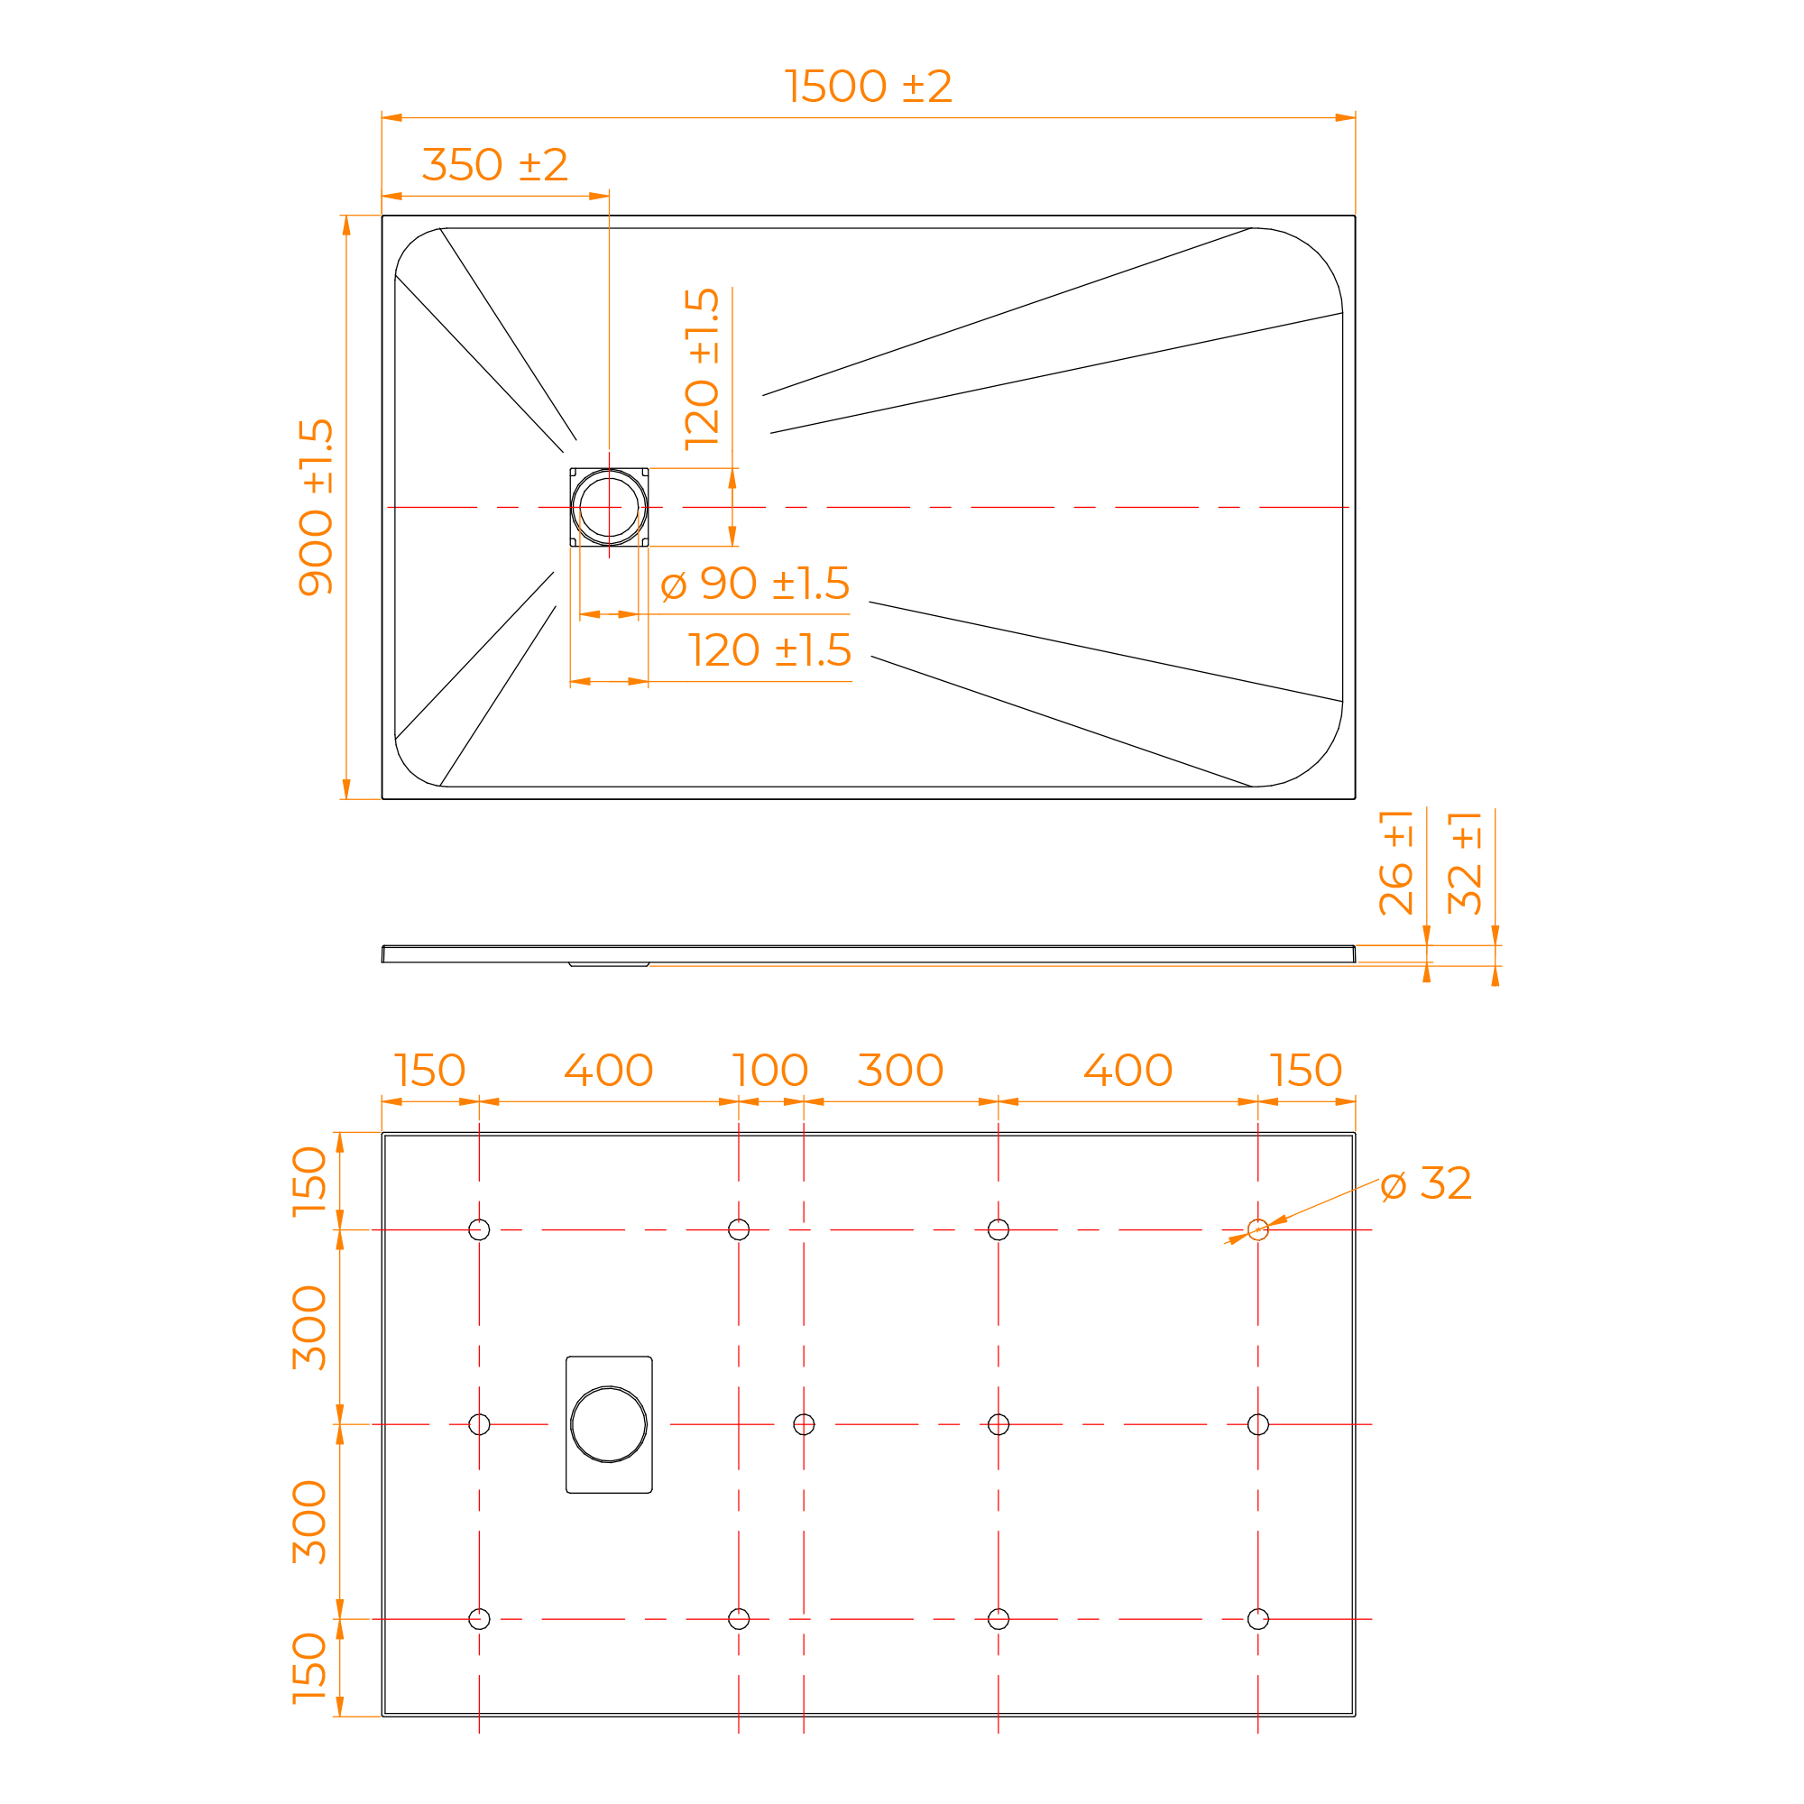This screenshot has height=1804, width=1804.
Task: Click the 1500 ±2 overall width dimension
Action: coord(868,87)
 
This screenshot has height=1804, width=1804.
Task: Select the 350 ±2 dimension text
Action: coord(495,165)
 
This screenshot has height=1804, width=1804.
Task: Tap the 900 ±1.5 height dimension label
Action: coord(317,507)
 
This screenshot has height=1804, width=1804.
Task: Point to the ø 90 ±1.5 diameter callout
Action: coord(754,584)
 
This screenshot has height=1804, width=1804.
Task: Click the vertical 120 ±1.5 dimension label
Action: coord(702,370)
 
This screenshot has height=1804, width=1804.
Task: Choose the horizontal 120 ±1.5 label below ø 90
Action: coord(770,649)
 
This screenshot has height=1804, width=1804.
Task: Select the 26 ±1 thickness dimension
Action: coord(1396,861)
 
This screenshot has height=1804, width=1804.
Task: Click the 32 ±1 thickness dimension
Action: coord(1465,861)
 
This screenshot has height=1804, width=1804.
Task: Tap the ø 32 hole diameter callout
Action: coord(1426,1184)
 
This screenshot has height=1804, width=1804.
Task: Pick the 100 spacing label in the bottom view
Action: coord(770,1070)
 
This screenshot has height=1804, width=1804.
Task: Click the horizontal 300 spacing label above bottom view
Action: coord(900,1070)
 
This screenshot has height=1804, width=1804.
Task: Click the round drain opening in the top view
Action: coord(609,507)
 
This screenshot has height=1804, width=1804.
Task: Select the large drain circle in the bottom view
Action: coord(609,1424)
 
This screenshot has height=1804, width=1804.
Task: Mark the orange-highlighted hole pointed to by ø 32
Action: coord(1257,1229)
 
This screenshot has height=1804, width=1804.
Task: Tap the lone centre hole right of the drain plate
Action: coord(804,1424)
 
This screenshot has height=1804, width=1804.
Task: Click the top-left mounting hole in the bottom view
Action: coord(479,1229)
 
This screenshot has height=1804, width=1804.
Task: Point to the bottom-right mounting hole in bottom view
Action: coord(1257,1619)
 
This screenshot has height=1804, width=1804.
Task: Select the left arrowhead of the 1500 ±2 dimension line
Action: coord(392,117)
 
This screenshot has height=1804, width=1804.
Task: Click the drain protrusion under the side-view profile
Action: coord(609,964)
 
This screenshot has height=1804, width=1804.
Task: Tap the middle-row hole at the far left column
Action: coord(479,1424)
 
